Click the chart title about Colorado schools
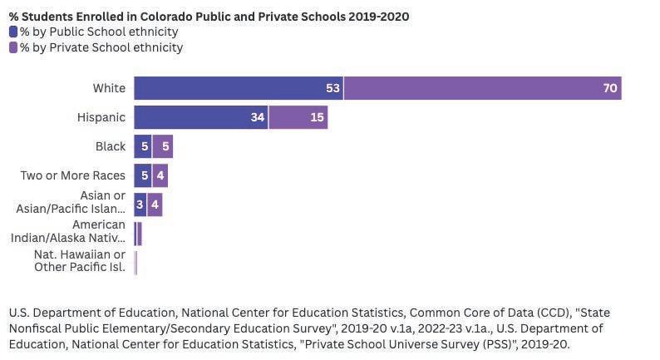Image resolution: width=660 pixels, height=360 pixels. tap(209, 17)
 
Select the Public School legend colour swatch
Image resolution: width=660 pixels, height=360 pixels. tap(13, 32)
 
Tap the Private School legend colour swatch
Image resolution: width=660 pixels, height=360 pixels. tap(13, 47)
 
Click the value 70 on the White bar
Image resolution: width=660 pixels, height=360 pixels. tap(610, 88)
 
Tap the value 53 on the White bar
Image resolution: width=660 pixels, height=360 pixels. tap(333, 88)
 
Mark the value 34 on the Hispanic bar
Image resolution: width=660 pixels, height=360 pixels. tap(258, 117)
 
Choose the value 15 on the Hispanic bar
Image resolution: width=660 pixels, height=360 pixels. tap(317, 117)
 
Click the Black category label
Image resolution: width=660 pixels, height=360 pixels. tap(111, 146)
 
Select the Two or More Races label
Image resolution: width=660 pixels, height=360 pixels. tap(73, 175)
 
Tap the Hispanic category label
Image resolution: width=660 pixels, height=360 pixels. tap(101, 117)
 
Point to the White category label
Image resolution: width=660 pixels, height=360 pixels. tap(109, 88)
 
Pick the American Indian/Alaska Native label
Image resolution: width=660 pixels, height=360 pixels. tap(71, 231)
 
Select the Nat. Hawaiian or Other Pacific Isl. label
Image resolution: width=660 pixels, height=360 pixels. tap(80, 260)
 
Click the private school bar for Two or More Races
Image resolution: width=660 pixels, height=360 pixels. tap(160, 175)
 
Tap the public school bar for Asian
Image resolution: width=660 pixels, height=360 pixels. tap(140, 205)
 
